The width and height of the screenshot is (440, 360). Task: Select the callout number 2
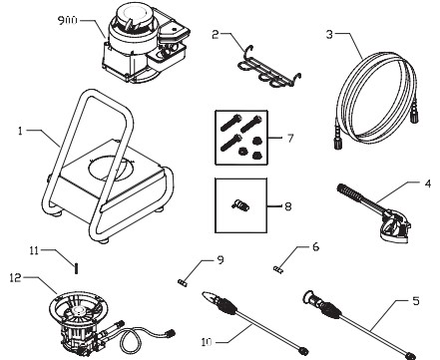(216, 34)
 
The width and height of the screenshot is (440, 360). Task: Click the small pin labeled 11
(75, 264)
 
